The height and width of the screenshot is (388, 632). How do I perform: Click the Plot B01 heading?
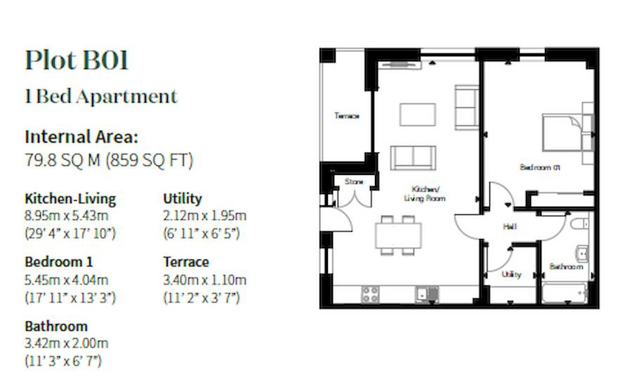(x=77, y=61)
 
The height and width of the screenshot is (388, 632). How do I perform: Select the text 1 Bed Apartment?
(x=101, y=96)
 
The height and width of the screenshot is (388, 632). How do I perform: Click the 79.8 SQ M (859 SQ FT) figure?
(x=109, y=161)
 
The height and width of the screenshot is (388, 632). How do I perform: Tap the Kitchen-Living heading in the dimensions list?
(x=70, y=199)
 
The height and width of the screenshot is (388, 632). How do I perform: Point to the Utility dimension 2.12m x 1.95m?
(x=204, y=216)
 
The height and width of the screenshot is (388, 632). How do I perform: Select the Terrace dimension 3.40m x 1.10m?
(x=205, y=279)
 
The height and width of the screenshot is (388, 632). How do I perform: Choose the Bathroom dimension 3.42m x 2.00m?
(x=66, y=344)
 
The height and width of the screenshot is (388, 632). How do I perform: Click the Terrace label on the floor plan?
(x=346, y=115)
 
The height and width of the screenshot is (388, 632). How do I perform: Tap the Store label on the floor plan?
(x=353, y=182)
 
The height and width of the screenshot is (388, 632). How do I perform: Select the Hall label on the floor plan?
(x=510, y=227)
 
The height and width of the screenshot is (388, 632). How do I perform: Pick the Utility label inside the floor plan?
(x=511, y=275)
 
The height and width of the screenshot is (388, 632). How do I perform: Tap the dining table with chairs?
(x=397, y=233)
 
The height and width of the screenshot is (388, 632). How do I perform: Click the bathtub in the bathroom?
(x=565, y=291)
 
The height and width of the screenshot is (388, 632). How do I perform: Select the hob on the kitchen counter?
(x=370, y=294)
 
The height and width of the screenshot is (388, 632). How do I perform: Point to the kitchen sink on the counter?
(x=423, y=294)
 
